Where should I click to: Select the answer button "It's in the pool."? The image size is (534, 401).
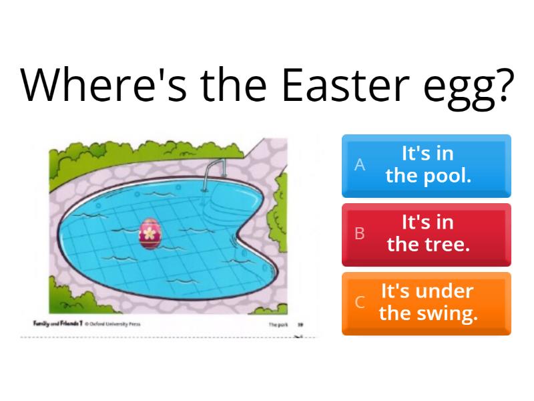tap(427, 166)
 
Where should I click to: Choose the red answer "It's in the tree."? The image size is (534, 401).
tap(427, 234)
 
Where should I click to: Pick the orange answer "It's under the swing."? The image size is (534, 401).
tap(427, 302)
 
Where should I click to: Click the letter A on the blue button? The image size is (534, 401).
tap(360, 165)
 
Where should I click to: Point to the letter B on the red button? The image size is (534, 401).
tap(360, 233)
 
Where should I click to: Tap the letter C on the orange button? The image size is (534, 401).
tap(360, 302)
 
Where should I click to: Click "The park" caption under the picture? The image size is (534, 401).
tap(278, 325)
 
